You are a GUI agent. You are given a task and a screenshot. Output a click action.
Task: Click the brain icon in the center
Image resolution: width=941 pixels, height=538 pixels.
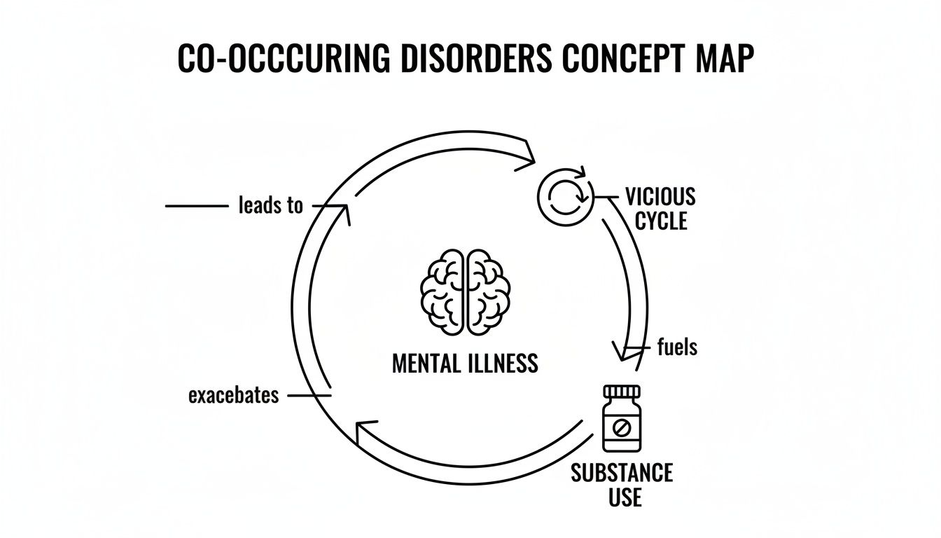(465, 291)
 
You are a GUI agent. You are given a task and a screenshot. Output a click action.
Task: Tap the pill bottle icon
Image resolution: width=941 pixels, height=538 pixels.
(622, 418)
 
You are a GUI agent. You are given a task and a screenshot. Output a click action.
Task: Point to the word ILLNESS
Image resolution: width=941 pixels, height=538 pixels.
(503, 364)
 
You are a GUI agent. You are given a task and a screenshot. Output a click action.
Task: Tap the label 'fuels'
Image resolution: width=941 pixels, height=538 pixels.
(678, 346)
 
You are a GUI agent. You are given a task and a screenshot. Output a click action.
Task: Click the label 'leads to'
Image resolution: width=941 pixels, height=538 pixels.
(271, 205)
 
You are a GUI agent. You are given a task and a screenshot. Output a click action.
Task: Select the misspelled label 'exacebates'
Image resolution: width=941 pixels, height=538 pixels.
(234, 395)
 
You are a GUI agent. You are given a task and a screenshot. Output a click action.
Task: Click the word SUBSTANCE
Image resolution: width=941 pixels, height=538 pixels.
(622, 472)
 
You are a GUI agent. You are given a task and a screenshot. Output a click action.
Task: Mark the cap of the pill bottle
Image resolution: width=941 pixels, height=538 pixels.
(622, 392)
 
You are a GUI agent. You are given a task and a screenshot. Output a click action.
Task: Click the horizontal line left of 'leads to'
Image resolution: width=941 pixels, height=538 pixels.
(196, 206)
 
